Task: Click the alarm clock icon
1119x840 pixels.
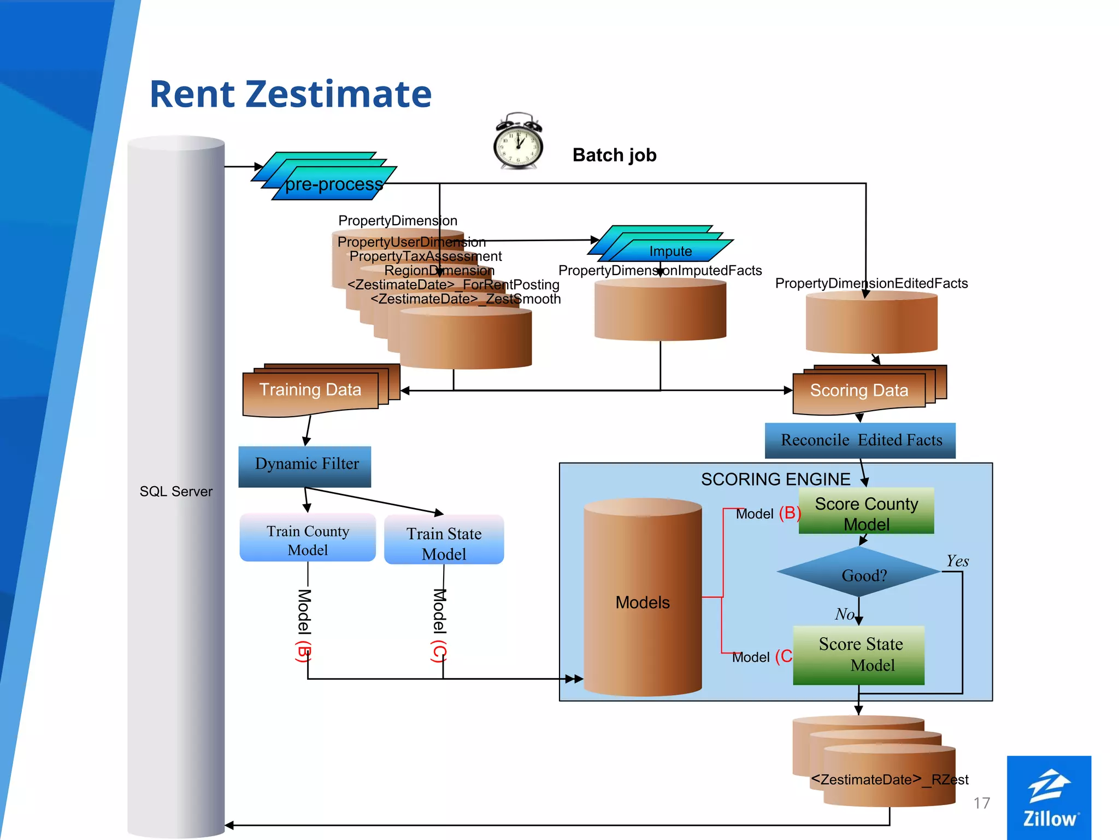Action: tap(518, 142)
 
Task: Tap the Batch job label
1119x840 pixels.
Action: tap(614, 155)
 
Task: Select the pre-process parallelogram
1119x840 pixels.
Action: tap(333, 184)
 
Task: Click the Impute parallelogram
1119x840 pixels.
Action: tap(670, 251)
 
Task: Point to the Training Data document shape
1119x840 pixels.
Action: tap(310, 390)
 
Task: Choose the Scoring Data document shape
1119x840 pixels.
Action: tap(859, 391)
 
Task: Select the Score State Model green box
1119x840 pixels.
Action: tap(859, 655)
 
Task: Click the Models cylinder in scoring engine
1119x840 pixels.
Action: tap(643, 602)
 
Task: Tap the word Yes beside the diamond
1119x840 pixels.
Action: tap(957, 561)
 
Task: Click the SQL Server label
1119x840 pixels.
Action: tap(176, 491)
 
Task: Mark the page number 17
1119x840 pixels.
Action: tap(981, 803)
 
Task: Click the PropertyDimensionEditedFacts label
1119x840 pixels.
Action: tap(871, 283)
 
